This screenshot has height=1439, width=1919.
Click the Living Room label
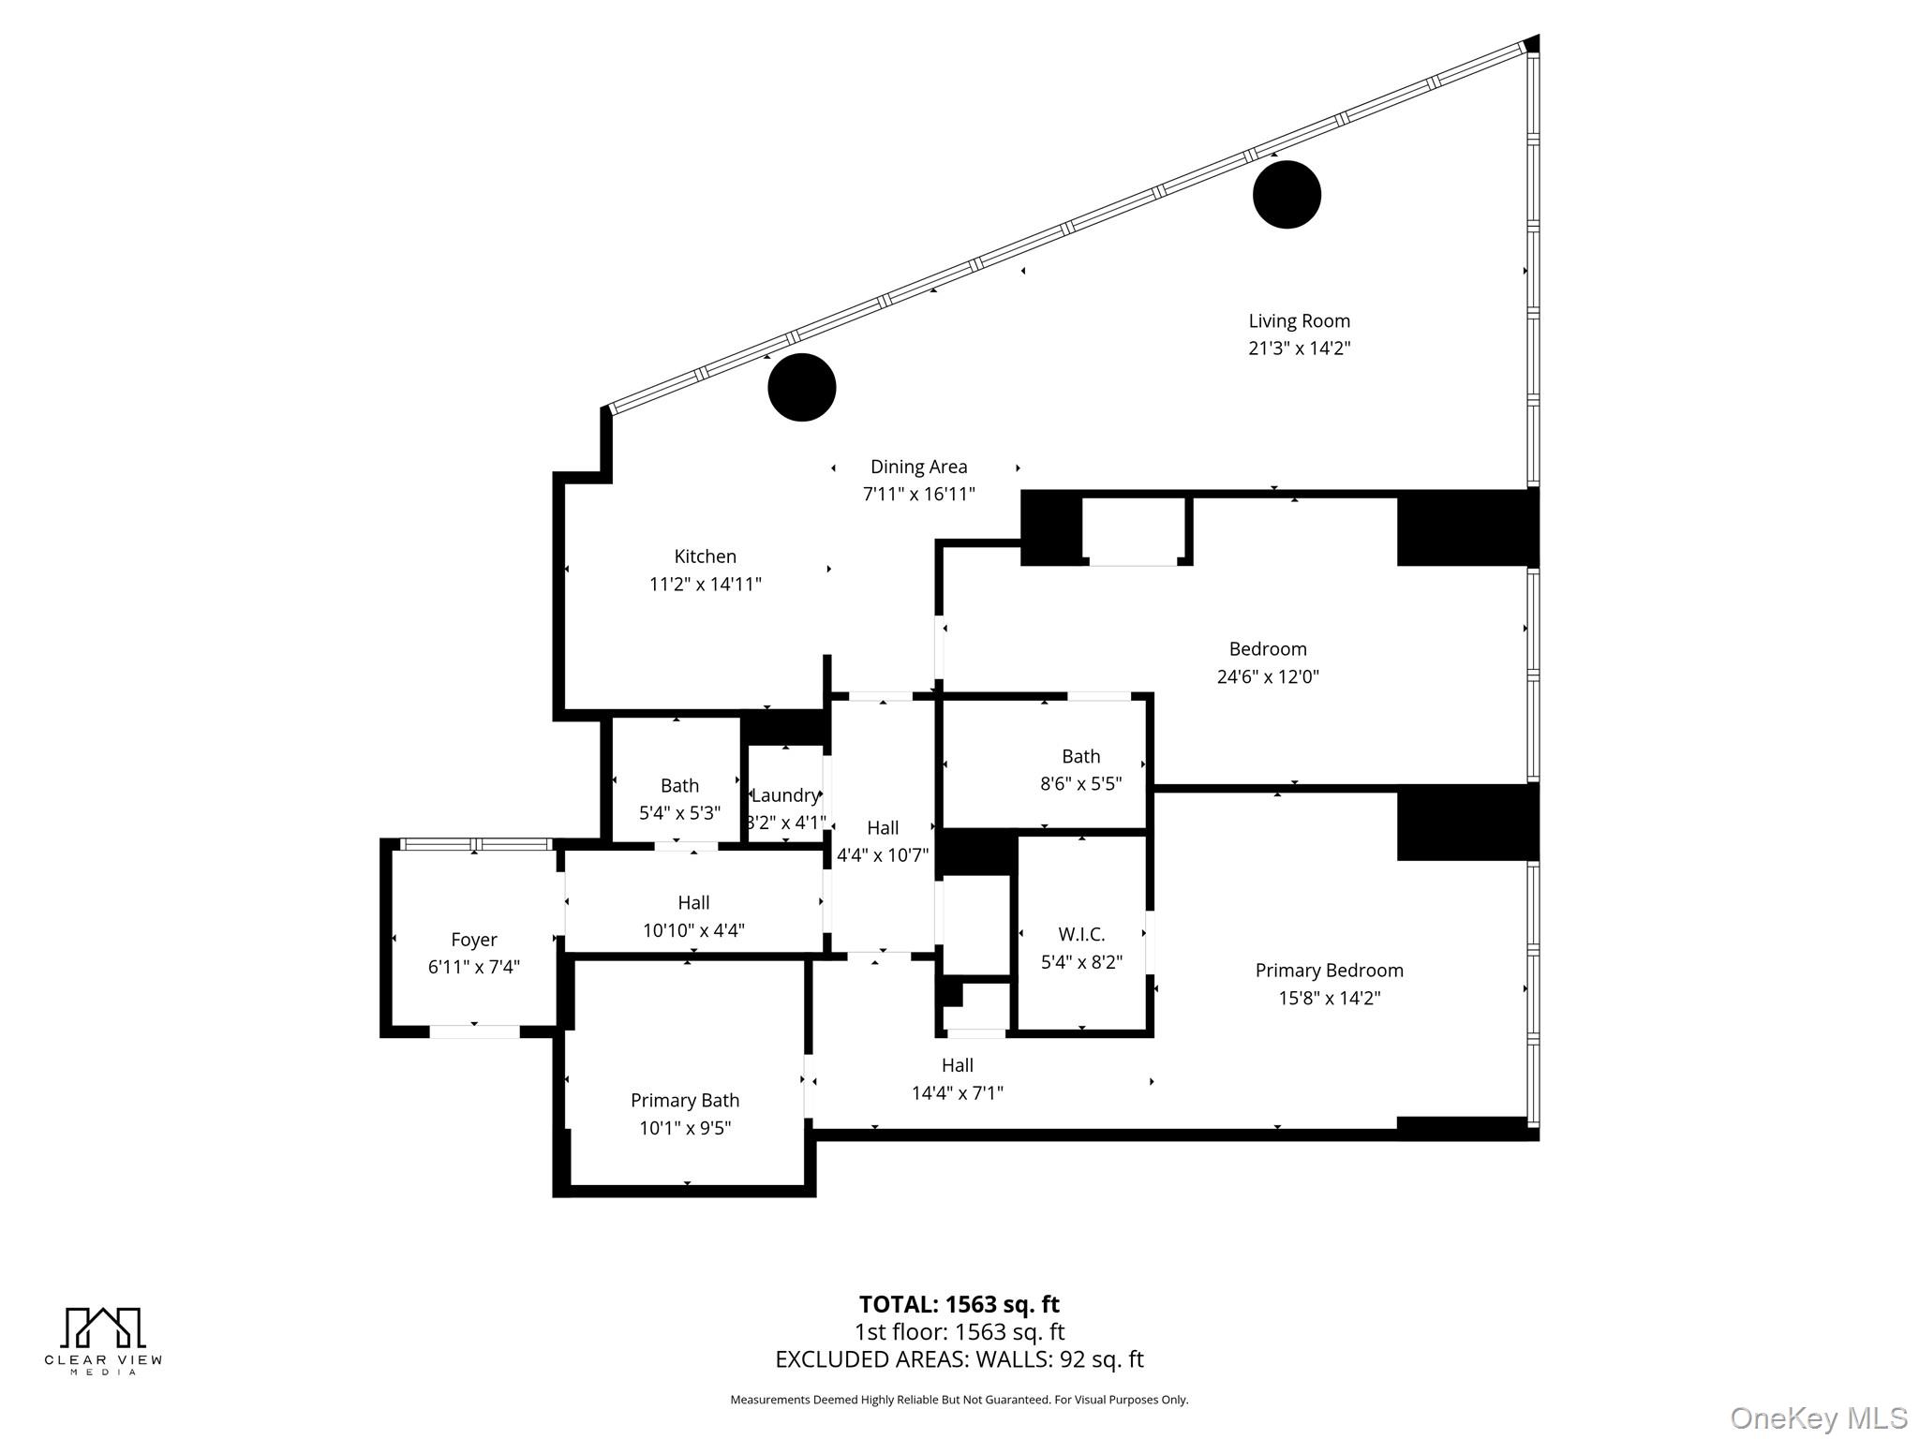1299,321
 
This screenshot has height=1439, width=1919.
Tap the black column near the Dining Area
801,387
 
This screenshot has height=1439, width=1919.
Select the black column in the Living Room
1287,195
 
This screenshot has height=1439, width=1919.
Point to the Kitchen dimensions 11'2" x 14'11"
705,585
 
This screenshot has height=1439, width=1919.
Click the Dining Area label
918,467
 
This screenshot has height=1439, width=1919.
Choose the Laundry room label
784,795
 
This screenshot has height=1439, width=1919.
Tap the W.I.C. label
1081,934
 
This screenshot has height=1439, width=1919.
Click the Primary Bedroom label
1329,971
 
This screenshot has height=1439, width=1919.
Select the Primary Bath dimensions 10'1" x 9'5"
685,1128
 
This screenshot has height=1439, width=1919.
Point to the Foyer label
473,940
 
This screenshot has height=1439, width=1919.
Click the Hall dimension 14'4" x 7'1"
957,1093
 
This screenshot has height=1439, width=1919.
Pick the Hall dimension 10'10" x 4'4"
693,930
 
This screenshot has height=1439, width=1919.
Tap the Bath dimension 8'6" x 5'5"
1080,784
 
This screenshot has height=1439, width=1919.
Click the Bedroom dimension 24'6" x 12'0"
1267,676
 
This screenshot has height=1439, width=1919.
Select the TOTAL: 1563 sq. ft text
959,1304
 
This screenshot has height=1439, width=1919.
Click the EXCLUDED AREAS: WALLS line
959,1359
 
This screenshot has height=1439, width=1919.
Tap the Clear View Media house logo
103,1328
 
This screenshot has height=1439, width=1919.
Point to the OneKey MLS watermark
1818,1417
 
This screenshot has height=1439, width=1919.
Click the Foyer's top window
475,845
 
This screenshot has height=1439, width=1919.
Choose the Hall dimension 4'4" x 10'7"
882,855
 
